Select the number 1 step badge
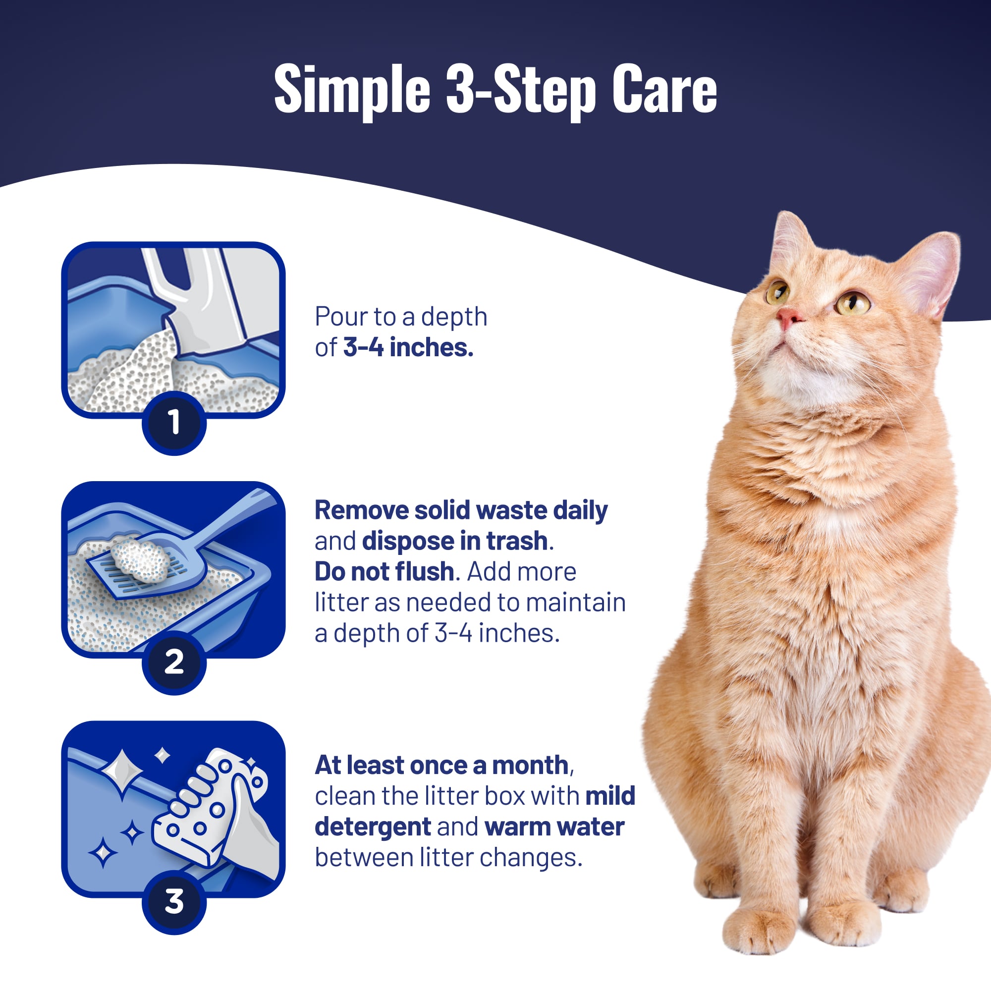[174, 422]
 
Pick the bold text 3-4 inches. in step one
[408, 347]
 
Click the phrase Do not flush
[384, 571]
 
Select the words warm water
[554, 827]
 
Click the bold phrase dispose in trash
[454, 541]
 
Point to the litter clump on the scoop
[140, 560]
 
